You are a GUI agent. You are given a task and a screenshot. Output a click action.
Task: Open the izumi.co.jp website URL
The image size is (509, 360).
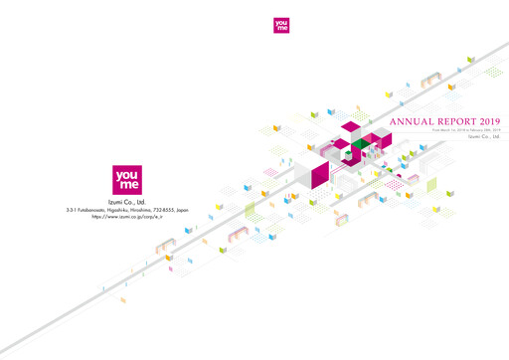[x=128, y=218]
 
